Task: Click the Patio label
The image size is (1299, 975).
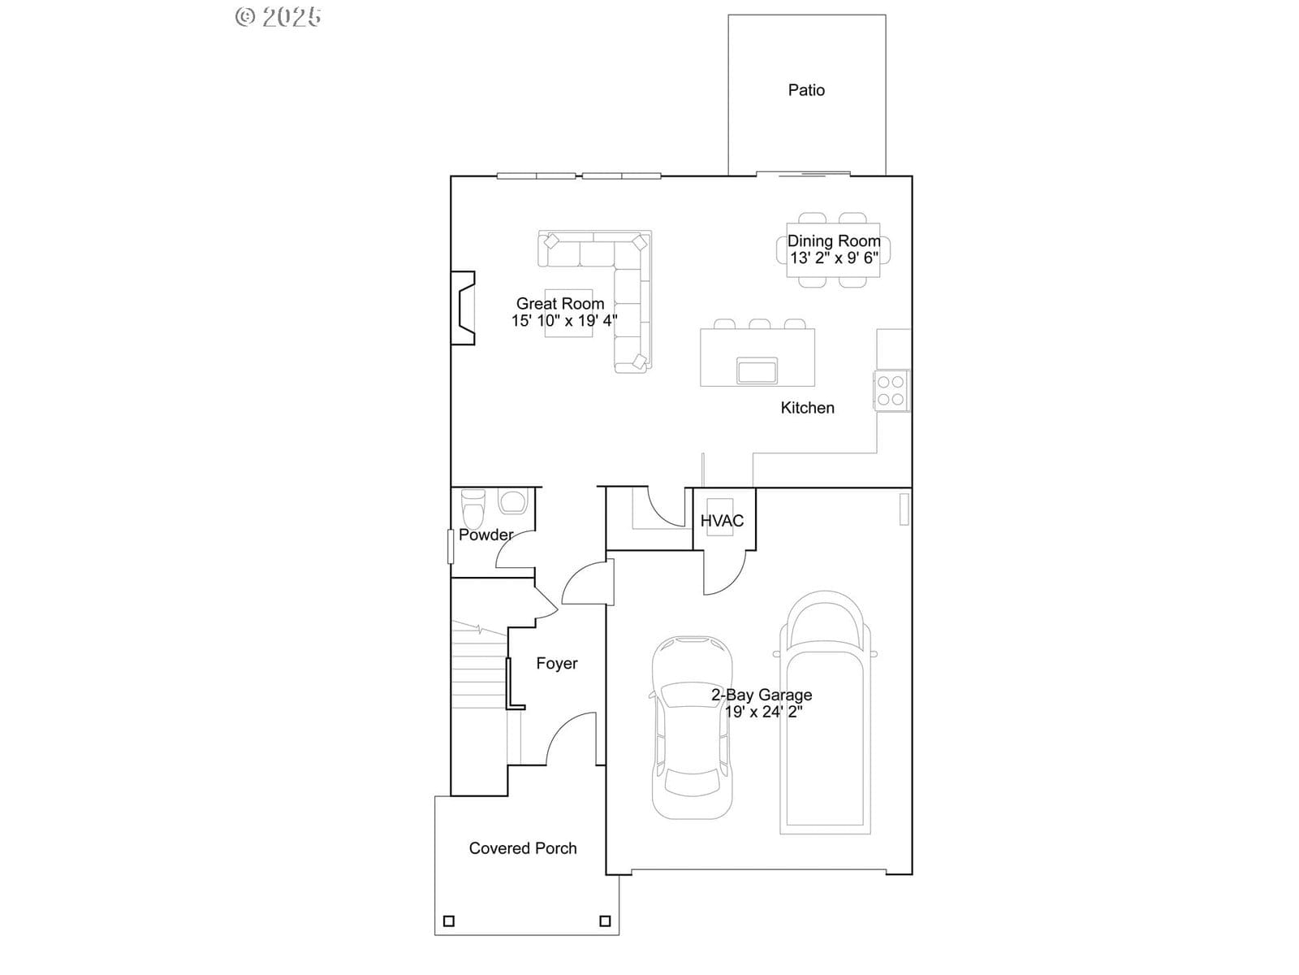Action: click(806, 90)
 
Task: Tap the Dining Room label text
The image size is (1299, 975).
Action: click(834, 241)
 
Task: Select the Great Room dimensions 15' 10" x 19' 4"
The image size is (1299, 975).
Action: click(564, 321)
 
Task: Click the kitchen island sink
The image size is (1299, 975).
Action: click(757, 370)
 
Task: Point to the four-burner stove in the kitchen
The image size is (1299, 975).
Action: click(891, 391)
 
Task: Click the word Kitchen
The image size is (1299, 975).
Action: click(807, 408)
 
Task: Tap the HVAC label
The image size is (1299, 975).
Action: click(722, 521)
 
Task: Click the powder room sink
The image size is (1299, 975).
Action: click(512, 501)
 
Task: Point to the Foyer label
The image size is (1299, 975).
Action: click(557, 664)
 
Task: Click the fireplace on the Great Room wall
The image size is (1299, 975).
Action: click(463, 308)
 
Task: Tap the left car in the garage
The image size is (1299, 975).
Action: click(692, 727)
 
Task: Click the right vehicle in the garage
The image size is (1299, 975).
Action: click(825, 713)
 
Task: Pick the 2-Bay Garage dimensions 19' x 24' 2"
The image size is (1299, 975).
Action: click(763, 713)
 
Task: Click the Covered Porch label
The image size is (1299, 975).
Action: click(523, 848)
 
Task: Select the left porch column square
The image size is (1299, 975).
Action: click(449, 921)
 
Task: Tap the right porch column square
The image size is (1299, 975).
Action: click(605, 921)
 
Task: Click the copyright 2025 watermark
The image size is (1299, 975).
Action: click(278, 16)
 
